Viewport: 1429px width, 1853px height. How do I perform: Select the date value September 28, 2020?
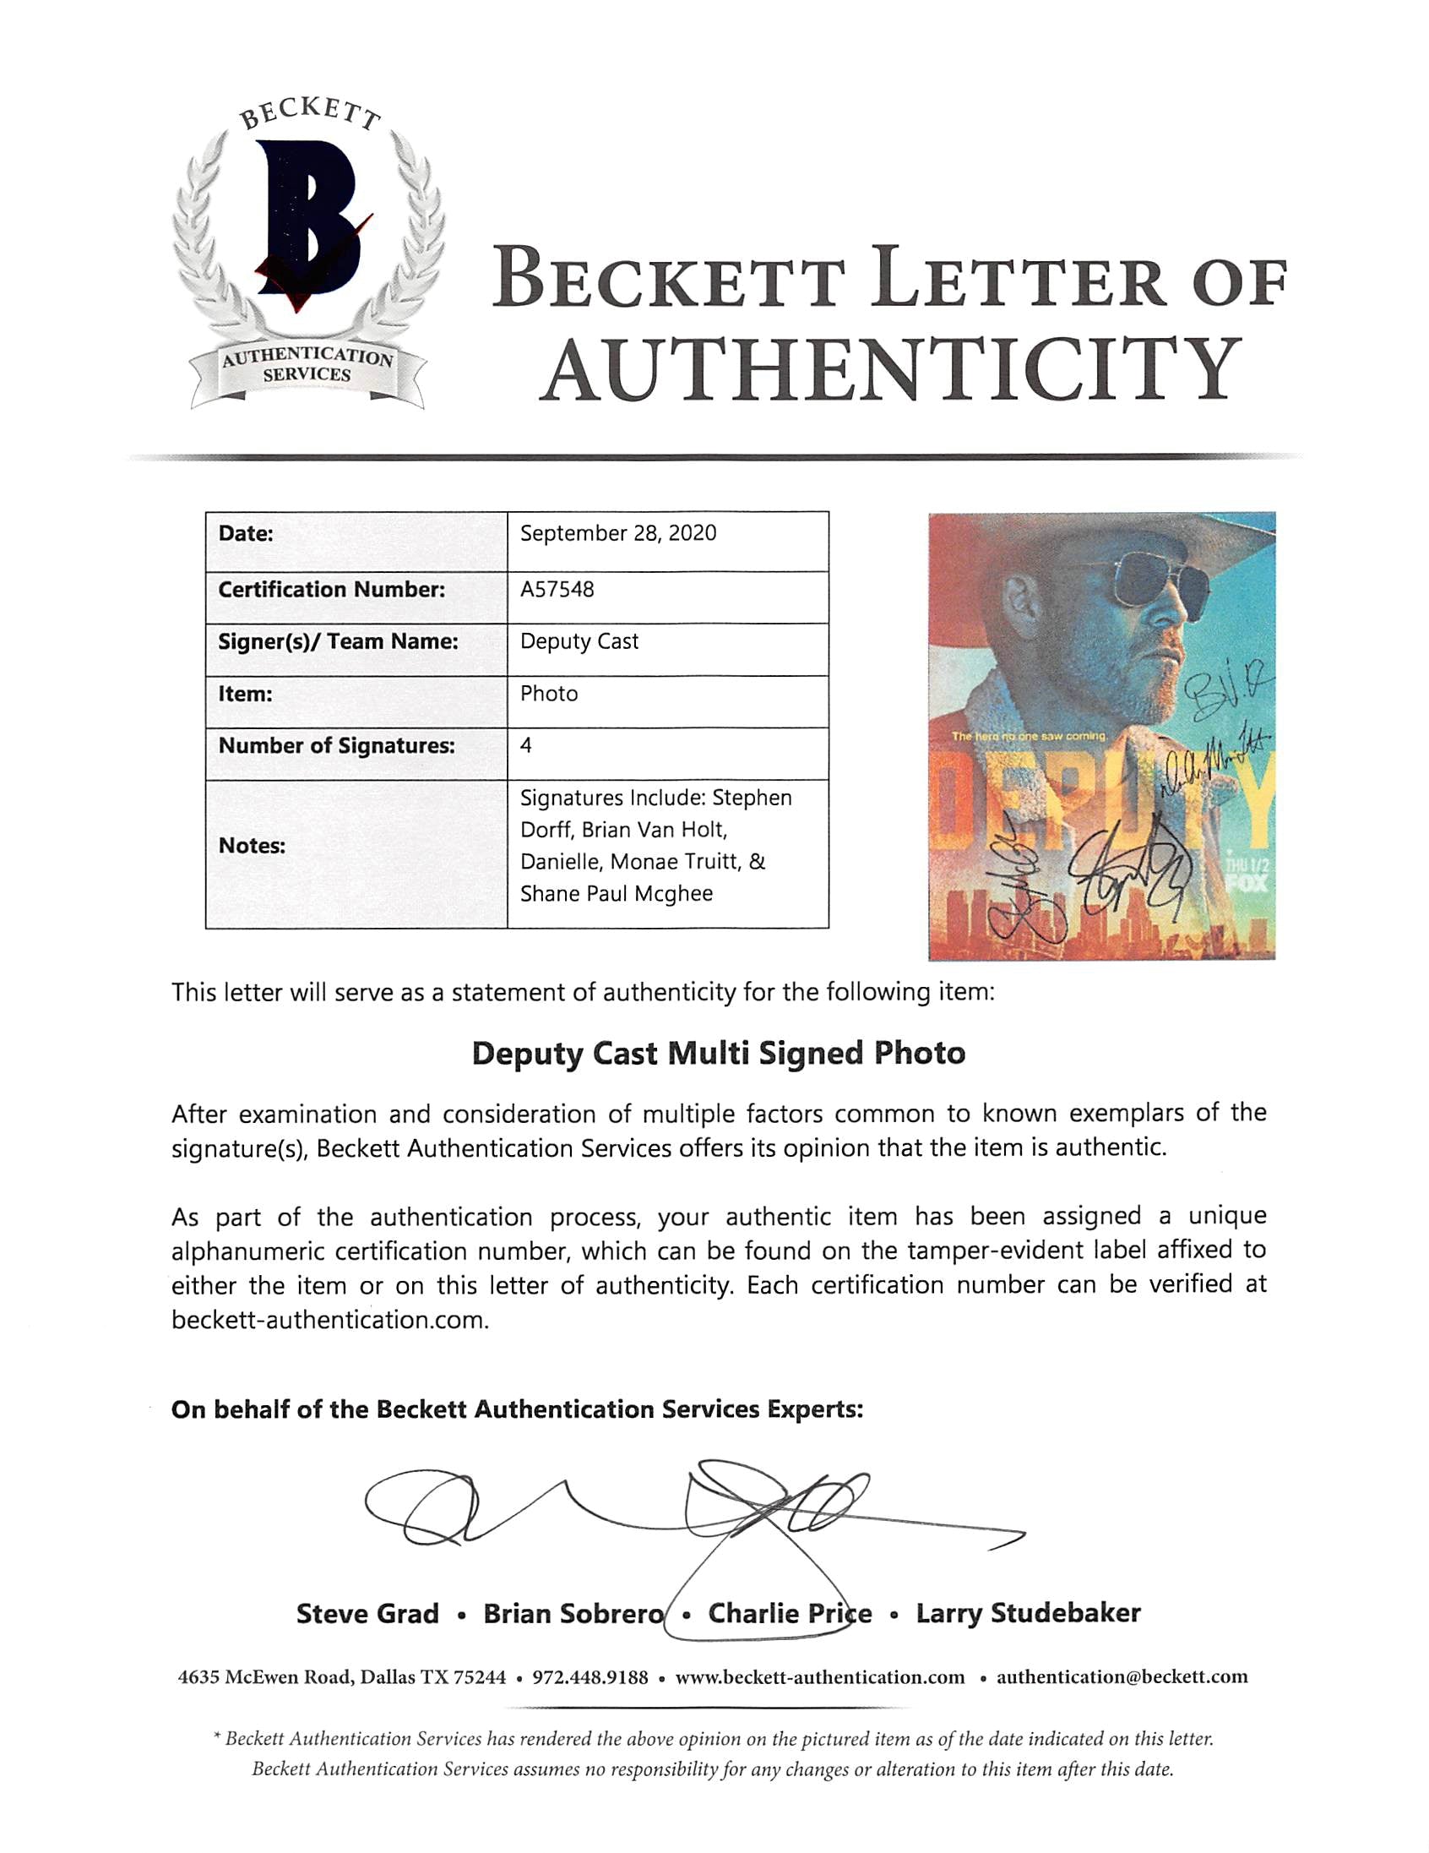617,534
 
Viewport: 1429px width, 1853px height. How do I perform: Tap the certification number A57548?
557,590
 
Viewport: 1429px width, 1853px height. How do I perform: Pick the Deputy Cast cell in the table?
579,642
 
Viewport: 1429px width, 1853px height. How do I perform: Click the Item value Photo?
549,694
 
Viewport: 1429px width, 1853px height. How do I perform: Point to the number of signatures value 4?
526,746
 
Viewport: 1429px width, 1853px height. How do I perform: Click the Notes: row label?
252,846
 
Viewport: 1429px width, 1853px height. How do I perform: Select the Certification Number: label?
331,590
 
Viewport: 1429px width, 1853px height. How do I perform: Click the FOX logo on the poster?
1247,882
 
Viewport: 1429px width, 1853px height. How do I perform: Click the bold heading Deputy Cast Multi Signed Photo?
718,1054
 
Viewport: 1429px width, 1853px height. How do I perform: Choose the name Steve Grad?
367,1614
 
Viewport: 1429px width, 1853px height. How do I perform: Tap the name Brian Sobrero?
573,1614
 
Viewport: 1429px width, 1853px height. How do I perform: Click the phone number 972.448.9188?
590,1678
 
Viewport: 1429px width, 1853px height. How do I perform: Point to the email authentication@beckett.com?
1121,1677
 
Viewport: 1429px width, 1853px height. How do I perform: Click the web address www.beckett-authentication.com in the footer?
819,1678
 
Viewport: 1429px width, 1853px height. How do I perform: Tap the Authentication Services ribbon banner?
307,367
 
